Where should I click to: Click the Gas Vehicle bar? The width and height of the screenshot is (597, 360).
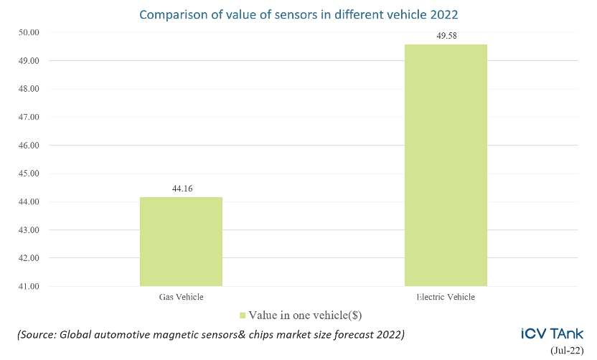click(x=181, y=242)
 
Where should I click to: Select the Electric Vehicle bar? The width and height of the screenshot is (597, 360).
click(x=446, y=166)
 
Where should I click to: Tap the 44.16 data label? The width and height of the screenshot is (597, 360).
click(x=181, y=189)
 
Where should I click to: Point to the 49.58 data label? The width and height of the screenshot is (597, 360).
click(x=446, y=36)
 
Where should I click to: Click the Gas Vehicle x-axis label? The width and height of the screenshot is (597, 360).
click(x=181, y=296)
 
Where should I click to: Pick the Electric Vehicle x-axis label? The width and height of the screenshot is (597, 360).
click(x=446, y=296)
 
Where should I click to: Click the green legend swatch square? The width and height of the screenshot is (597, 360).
click(x=243, y=315)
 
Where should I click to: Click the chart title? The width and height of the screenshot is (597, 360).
click(x=298, y=14)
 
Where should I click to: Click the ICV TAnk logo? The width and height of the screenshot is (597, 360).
click(x=552, y=333)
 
